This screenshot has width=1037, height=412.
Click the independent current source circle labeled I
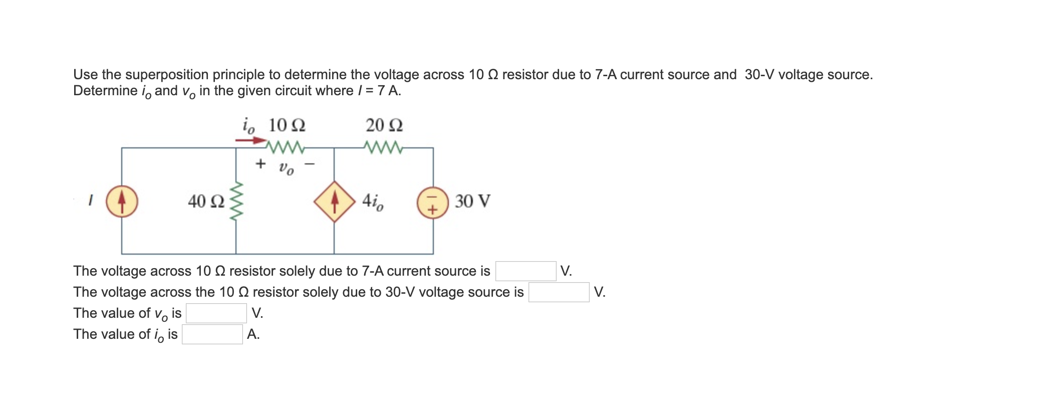[122, 201]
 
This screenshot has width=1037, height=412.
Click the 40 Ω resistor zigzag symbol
[236, 201]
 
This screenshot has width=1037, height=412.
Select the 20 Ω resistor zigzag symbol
[383, 147]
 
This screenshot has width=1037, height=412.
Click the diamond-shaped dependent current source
[335, 201]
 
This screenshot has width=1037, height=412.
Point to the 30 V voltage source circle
[433, 202]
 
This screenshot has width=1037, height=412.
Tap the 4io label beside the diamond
[373, 201]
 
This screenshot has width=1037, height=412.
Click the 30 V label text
[472, 201]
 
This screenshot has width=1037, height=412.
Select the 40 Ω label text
[206, 201]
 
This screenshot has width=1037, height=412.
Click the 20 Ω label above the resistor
[384, 125]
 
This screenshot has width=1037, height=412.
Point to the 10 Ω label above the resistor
[287, 125]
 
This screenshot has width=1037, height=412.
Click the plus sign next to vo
[261, 163]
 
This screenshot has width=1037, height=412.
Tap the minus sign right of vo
[310, 163]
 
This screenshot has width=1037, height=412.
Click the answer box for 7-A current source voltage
[526, 271]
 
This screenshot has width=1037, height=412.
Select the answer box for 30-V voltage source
[559, 292]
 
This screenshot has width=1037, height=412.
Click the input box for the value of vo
[216, 313]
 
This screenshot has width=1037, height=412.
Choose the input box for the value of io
[212, 334]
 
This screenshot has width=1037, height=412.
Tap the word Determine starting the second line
[105, 91]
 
